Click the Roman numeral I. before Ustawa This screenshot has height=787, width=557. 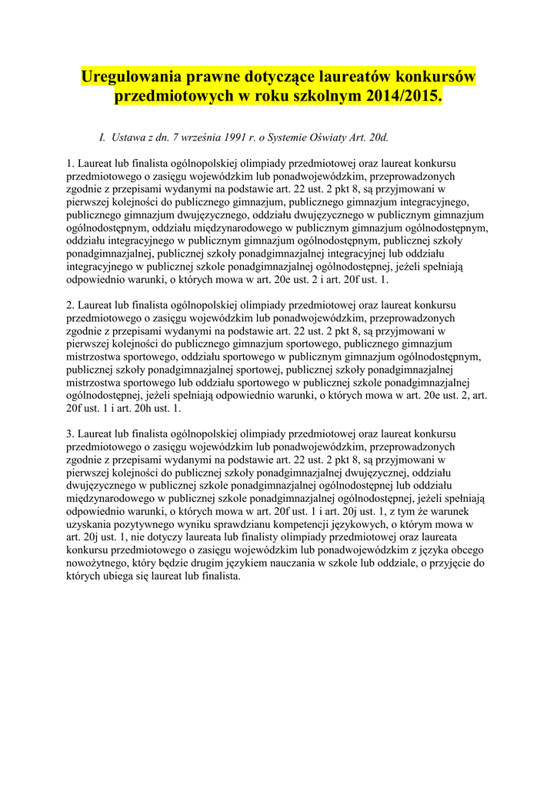point(102,138)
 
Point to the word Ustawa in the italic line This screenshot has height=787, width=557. point(128,138)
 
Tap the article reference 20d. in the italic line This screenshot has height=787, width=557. point(376,138)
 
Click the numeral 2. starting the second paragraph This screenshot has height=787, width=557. point(70,304)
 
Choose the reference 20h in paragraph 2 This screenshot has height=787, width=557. point(138,408)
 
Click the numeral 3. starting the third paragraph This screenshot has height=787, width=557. point(70,434)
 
